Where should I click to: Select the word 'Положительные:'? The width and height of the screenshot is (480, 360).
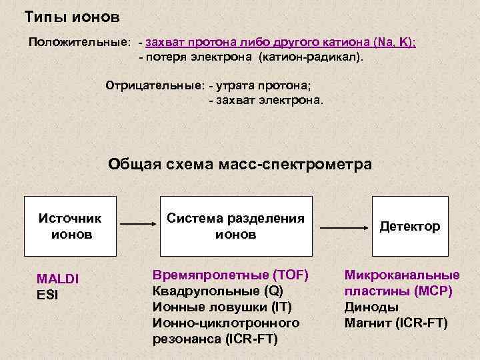[79, 42]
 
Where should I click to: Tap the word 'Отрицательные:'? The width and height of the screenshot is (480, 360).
[155, 85]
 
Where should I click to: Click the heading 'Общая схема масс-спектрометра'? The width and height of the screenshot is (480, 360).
[240, 165]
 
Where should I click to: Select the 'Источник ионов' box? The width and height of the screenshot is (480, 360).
[71, 227]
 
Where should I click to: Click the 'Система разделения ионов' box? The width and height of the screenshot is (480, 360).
[235, 227]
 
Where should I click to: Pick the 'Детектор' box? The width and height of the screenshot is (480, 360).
[410, 227]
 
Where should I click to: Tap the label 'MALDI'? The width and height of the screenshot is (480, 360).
[57, 279]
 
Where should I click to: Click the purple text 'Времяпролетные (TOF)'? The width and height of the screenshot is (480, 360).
[231, 275]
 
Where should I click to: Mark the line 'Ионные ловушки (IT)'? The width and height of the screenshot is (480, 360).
[223, 307]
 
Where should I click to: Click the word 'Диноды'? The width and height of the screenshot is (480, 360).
[371, 307]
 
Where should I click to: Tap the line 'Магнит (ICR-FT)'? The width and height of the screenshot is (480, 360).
[396, 323]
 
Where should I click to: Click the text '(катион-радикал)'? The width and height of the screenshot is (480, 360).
[312, 58]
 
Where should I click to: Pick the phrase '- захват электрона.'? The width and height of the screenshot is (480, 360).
[265, 101]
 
